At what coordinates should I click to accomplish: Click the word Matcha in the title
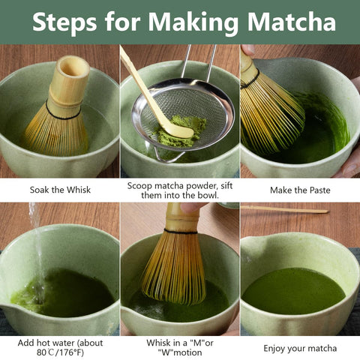(291, 22)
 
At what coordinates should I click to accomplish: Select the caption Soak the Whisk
(60, 190)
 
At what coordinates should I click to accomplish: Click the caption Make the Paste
(300, 190)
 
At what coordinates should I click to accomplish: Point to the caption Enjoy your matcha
(300, 348)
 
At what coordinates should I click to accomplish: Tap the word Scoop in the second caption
(141, 184)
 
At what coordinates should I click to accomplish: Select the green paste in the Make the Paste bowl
(322, 135)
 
